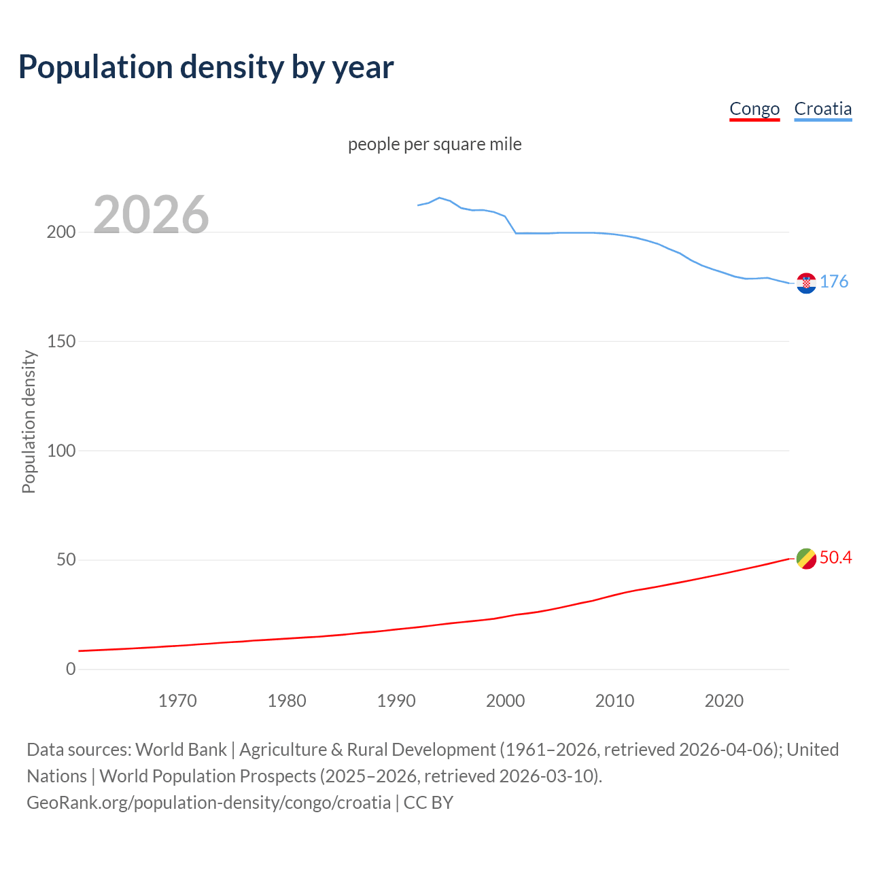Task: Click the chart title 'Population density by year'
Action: pos(206,67)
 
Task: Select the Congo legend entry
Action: pos(754,109)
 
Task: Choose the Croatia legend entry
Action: pos(822,109)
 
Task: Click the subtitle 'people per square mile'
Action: pos(435,144)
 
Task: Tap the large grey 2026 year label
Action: pos(151,215)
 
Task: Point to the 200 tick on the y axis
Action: pos(61,232)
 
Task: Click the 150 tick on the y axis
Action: pos(61,341)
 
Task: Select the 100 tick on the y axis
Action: pos(61,451)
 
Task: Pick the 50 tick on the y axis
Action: pos(66,560)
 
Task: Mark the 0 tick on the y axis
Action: pos(71,669)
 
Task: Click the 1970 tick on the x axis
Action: pos(177,701)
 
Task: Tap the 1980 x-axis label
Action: pos(287,701)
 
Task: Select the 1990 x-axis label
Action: pos(396,701)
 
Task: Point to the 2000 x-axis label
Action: pos(505,701)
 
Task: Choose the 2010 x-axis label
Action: pos(614,701)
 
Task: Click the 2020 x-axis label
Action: pos(724,701)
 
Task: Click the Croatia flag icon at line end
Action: pos(806,283)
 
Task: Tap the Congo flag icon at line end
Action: pos(806,559)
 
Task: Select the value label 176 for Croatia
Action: pos(834,281)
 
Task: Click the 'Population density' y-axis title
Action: pos(29,421)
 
